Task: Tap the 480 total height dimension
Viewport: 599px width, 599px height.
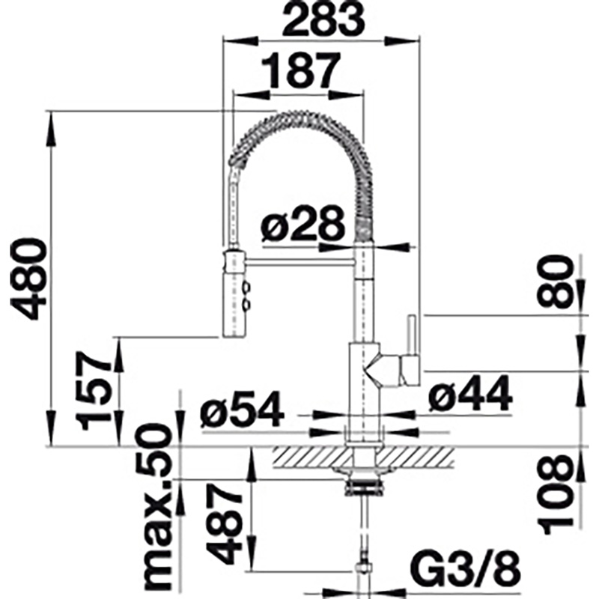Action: point(28,278)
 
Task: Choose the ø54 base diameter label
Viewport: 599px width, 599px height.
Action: point(242,409)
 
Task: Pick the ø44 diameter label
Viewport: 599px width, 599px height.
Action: point(470,394)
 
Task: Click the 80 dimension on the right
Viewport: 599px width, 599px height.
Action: point(556,282)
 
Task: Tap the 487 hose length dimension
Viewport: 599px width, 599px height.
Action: point(225,523)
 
